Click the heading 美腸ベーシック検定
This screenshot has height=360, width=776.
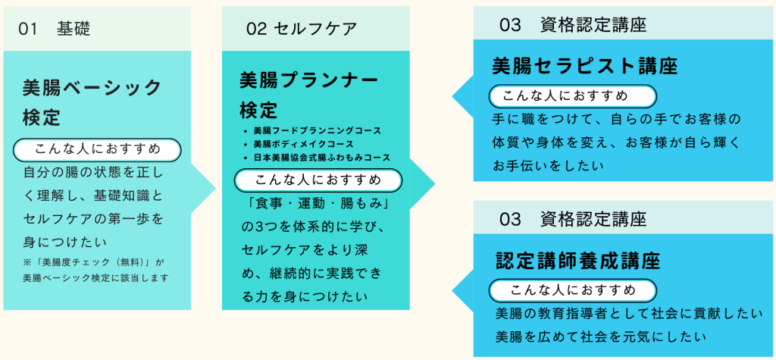point(92,102)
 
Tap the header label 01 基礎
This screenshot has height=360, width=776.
point(54,30)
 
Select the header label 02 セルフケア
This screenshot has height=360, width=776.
point(302,29)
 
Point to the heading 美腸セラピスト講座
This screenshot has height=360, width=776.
point(585,66)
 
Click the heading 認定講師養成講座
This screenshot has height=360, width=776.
point(577,261)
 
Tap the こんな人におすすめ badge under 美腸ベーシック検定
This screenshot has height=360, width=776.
point(97,149)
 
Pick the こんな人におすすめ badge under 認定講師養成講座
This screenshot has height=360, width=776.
point(572,290)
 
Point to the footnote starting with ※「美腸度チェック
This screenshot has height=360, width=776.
point(95,270)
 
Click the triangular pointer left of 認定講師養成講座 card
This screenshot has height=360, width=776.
point(463,290)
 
